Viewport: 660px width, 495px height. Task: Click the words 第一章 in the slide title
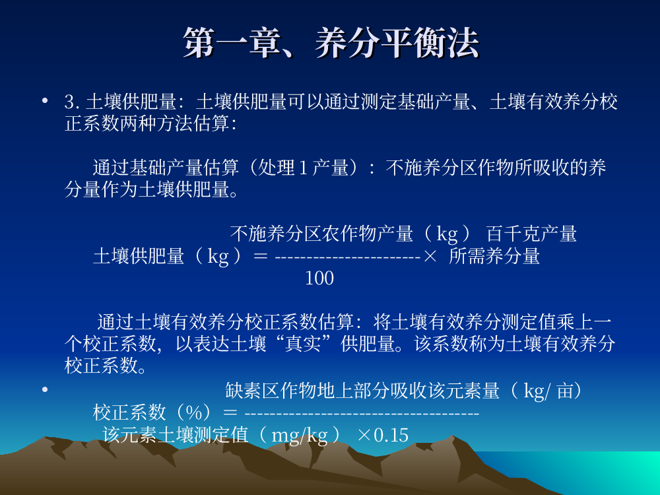[232, 42]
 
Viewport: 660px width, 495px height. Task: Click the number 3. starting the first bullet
[72, 102]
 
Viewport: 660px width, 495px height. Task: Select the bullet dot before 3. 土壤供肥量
[45, 100]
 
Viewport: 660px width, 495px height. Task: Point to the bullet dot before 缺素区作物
[45, 389]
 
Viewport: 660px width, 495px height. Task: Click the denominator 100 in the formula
[319, 279]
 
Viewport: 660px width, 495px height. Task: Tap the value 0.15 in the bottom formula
[391, 435]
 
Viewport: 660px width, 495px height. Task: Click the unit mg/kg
[300, 435]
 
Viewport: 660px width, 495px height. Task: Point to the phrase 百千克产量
[531, 234]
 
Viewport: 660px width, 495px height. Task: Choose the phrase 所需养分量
[494, 256]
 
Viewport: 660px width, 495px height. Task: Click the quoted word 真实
[303, 343]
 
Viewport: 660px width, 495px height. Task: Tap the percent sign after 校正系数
[194, 412]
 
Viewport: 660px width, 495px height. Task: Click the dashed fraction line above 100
[348, 256]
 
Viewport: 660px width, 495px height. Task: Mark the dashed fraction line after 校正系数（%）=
[362, 414]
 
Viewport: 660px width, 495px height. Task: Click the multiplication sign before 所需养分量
[430, 256]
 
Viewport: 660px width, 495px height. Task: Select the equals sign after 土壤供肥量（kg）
[261, 256]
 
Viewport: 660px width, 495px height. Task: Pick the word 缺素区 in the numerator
[252, 391]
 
